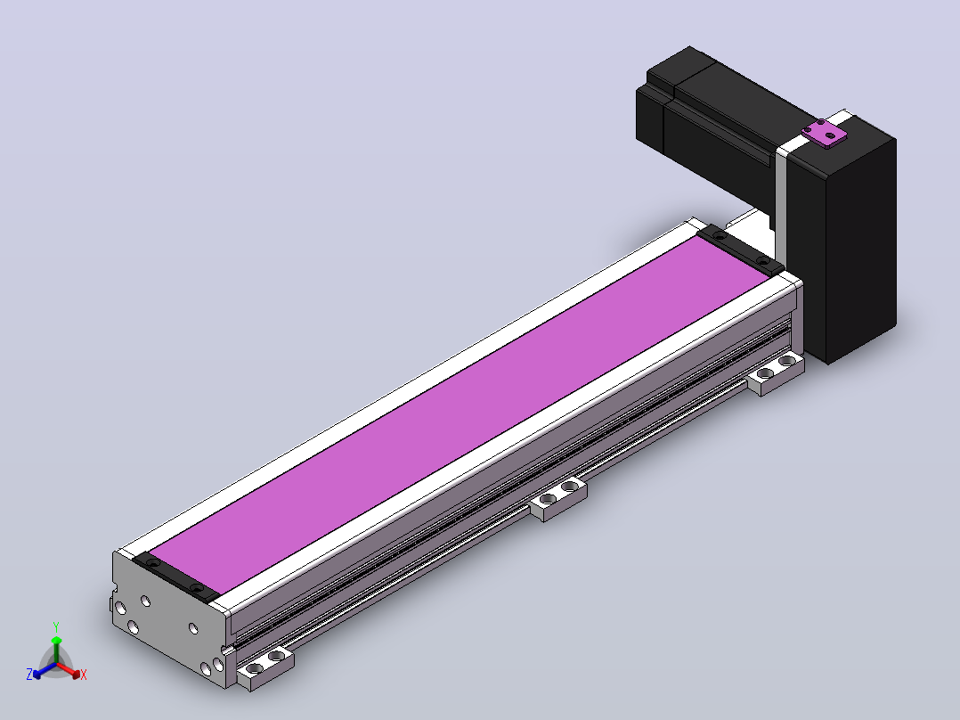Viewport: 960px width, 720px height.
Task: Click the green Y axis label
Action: [x=56, y=626]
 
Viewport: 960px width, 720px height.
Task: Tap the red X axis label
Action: [x=84, y=675]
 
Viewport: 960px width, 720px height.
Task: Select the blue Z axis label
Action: [x=29, y=674]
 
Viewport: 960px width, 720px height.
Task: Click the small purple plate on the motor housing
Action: [x=824, y=134]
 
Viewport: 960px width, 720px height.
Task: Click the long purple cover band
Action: [x=460, y=415]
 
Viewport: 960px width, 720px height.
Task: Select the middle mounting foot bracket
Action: [x=558, y=498]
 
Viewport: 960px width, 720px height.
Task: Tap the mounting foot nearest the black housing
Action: [x=775, y=373]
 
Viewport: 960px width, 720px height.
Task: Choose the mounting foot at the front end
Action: [x=265, y=668]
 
